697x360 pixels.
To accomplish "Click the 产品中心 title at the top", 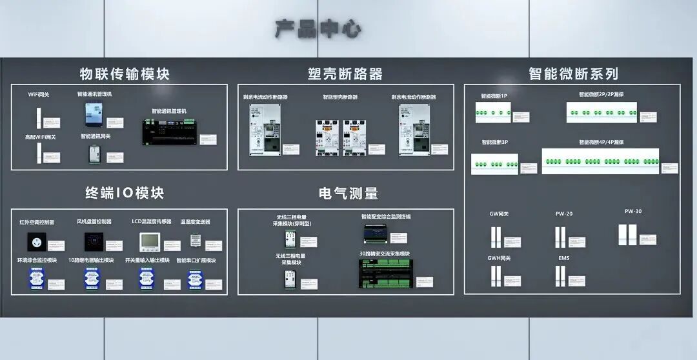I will [318, 29].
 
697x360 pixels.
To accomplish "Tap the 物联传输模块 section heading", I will [125, 74].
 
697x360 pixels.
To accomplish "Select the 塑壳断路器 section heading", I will [345, 74].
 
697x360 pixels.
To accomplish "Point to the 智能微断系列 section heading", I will [573, 74].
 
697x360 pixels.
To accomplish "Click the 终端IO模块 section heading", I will [125, 193].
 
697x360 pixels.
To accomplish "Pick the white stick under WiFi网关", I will [39, 117].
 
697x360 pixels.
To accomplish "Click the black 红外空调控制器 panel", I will [36, 242].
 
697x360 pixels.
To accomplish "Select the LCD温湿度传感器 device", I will [150, 242].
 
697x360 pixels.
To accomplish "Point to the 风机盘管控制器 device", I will [94, 242].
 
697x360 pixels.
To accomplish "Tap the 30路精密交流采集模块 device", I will [386, 274].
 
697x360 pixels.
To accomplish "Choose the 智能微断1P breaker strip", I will [493, 112].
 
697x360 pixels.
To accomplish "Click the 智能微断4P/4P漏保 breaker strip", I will [600, 161].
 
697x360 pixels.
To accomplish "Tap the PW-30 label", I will [632, 212].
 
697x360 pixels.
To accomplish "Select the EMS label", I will [563, 258].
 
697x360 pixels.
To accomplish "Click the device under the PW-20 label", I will [560, 237].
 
